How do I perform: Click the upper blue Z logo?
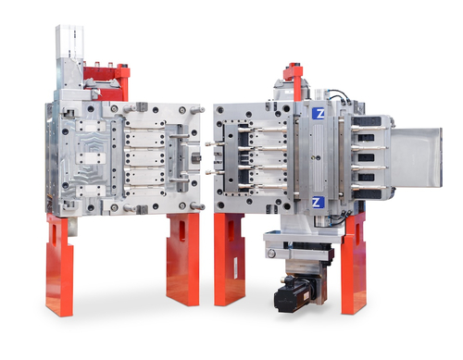pos(318,113)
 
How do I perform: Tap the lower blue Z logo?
pos(318,203)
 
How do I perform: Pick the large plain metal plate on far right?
pos(416,157)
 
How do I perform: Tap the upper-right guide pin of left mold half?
pos(197,109)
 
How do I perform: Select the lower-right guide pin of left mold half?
pos(197,205)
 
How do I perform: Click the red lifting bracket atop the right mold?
pos(295,80)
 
